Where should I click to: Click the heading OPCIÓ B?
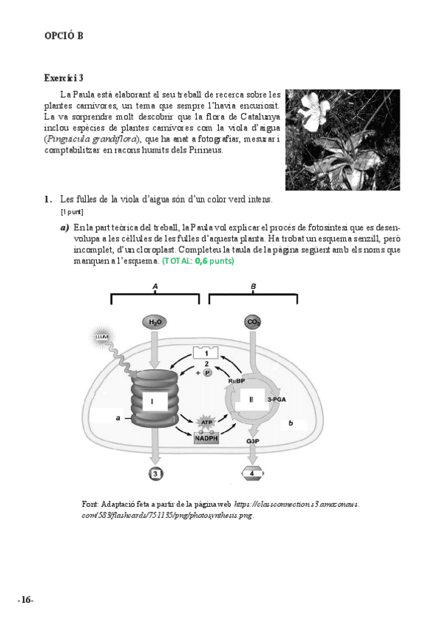click(63, 36)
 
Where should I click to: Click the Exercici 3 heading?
click(63, 78)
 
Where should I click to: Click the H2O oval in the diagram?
click(155, 322)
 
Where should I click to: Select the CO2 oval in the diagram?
click(253, 322)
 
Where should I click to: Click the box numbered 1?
click(206, 353)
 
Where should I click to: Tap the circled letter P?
click(207, 373)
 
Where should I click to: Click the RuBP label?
click(237, 381)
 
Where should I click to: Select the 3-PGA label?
click(277, 400)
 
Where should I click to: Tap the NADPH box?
click(206, 439)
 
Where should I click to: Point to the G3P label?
click(253, 441)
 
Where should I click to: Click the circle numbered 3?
click(155, 474)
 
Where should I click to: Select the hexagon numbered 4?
click(253, 473)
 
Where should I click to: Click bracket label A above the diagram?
click(155, 286)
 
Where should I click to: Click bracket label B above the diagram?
click(253, 286)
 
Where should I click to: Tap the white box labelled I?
click(152, 401)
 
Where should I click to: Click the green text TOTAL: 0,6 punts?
click(198, 261)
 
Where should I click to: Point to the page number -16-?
click(26, 600)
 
